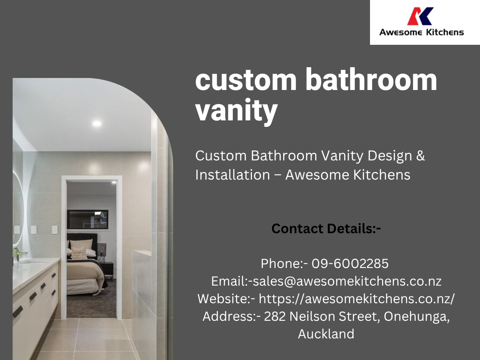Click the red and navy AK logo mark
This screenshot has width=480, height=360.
coord(420,16)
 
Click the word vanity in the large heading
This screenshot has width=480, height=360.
coord(236,110)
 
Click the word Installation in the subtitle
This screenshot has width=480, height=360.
coord(233,175)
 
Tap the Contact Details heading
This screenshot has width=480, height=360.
coord(326,228)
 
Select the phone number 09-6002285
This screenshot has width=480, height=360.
coord(350,263)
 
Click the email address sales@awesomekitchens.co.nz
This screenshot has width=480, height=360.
coord(347,281)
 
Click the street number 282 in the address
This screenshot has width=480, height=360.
coord(275,316)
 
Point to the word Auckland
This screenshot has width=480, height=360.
coord(326,334)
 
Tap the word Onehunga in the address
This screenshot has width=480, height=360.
coord(416,317)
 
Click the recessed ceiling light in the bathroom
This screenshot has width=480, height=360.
coord(97,123)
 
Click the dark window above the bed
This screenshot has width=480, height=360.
coord(88,220)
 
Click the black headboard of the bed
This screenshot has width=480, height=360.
coord(82,239)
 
